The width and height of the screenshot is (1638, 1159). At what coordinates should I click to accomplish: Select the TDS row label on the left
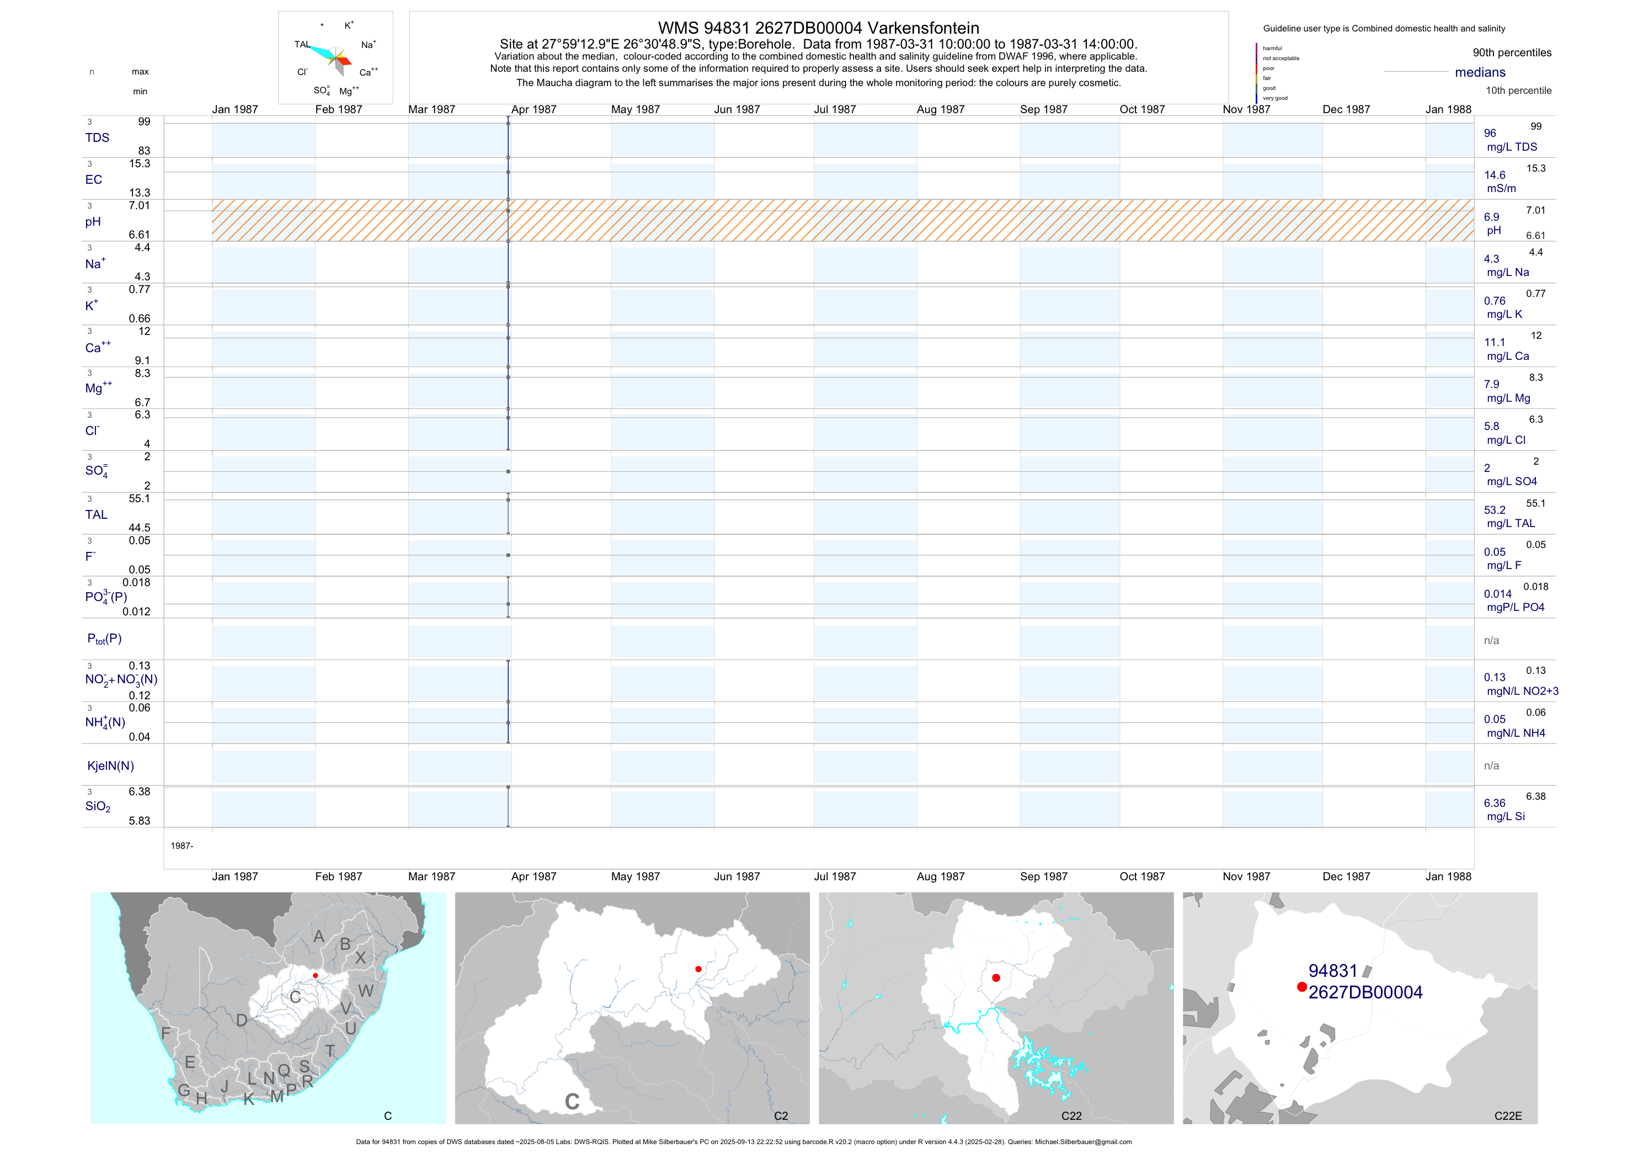(x=97, y=138)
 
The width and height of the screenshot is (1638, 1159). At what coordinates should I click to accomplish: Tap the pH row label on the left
(x=93, y=222)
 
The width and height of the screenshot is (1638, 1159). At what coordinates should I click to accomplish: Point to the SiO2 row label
(x=98, y=806)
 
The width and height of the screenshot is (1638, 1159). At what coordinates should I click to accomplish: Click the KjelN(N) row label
(x=110, y=766)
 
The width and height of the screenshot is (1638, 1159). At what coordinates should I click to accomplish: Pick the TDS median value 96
(x=1490, y=134)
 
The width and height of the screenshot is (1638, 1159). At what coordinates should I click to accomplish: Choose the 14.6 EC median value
(x=1495, y=175)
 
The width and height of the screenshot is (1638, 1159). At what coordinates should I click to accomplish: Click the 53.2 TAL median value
(x=1495, y=511)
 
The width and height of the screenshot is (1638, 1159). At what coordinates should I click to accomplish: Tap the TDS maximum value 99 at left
(x=144, y=122)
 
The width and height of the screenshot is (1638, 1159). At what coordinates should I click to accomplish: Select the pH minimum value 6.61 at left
(x=139, y=235)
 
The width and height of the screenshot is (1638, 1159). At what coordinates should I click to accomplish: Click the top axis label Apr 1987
(x=533, y=109)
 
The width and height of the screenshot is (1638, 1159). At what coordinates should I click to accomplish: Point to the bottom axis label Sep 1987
(x=1043, y=876)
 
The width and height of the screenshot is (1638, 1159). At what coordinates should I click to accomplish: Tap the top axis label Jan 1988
(x=1448, y=109)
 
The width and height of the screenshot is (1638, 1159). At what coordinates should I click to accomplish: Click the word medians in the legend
(x=1480, y=73)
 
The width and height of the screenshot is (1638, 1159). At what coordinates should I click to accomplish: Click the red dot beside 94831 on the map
(x=1301, y=987)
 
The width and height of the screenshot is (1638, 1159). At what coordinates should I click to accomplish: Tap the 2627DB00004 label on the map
(x=1365, y=993)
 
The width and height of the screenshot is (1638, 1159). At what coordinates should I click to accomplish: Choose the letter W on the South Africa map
(x=365, y=991)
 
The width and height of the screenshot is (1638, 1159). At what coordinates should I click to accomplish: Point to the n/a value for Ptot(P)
(x=1491, y=641)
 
